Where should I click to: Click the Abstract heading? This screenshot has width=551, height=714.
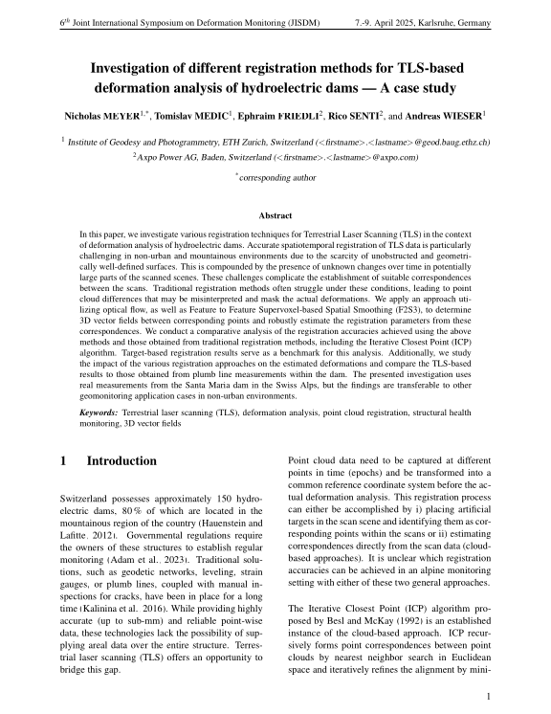click(275, 215)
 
